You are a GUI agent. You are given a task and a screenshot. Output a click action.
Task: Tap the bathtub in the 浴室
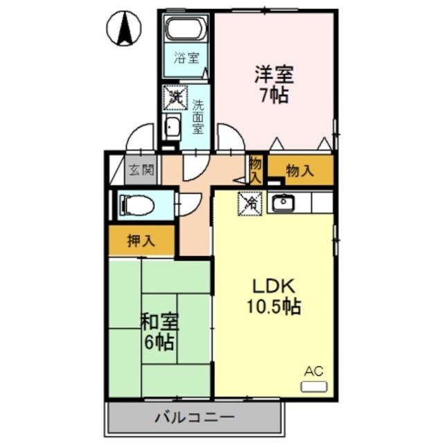pos(184,31)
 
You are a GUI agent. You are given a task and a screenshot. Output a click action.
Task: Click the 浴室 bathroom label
pos(183,58)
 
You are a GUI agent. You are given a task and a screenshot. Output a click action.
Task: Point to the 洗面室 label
pos(198,116)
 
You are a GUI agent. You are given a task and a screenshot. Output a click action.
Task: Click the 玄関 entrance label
pos(143,170)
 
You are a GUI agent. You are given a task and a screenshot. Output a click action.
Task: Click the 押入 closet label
pos(141,242)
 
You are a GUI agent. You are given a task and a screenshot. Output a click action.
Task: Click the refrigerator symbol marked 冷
pos(251,203)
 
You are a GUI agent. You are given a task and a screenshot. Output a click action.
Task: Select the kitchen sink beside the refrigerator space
pos(282,203)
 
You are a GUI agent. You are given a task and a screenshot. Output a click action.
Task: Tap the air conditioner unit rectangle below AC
pos(312,386)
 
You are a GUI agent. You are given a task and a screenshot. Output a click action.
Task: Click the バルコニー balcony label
pos(195,417)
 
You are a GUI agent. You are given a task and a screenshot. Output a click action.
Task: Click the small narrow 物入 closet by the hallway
pos(256,170)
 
